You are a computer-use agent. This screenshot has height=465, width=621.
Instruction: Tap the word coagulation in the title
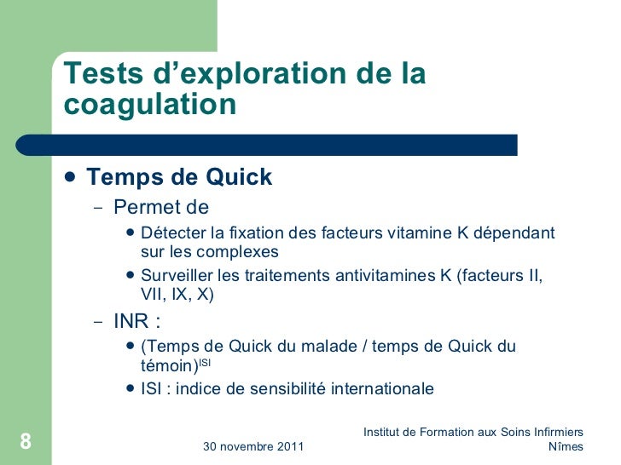click(x=150, y=105)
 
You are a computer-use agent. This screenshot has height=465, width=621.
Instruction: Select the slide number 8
click(x=25, y=441)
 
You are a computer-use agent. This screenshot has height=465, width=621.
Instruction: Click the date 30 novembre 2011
click(x=253, y=446)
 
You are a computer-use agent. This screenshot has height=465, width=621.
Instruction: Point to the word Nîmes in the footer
click(x=566, y=446)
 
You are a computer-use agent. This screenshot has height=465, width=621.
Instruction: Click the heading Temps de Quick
click(x=179, y=177)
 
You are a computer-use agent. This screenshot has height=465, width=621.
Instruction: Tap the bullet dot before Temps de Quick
click(x=70, y=177)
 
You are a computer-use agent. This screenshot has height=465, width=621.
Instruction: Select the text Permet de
click(x=161, y=207)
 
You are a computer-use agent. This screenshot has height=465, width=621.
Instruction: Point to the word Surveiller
click(x=178, y=277)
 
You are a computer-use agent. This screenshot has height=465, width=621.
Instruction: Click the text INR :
click(x=137, y=323)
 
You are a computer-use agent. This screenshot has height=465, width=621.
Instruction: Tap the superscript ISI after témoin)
click(x=206, y=361)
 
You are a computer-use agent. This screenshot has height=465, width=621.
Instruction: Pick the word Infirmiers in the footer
click(x=555, y=432)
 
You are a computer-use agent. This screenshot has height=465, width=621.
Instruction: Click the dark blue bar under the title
click(x=281, y=144)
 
